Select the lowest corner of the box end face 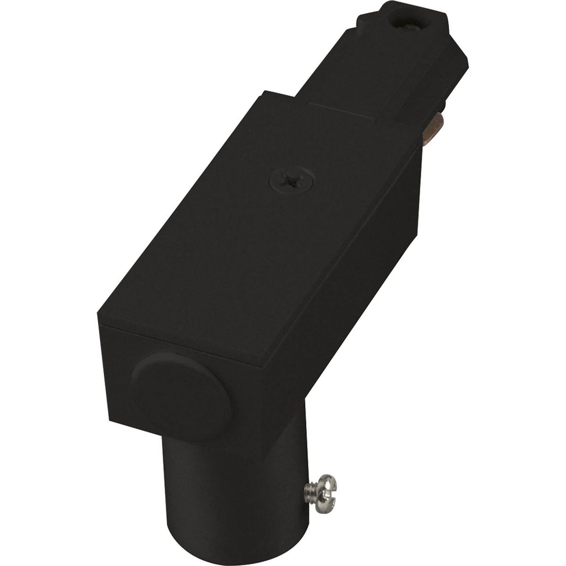click(x=109, y=419)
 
